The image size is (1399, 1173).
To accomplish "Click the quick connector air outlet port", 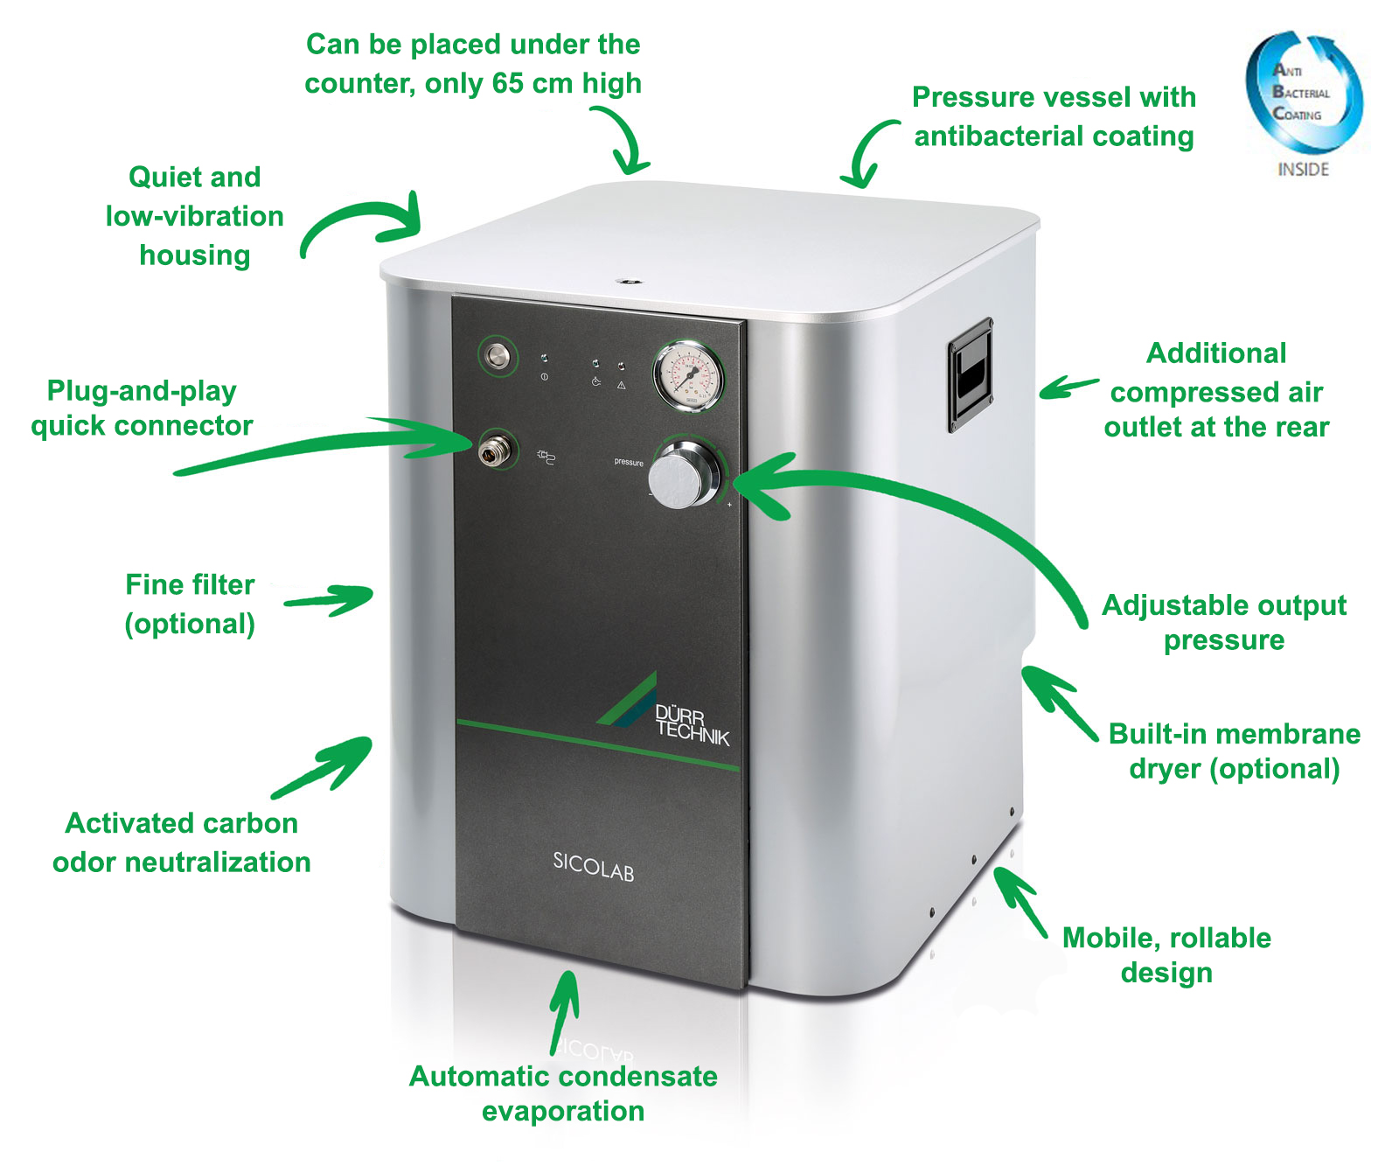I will pos(492,450).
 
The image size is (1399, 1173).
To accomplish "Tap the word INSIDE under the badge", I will pos(1303,170).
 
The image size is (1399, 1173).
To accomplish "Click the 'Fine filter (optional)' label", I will pos(190,604).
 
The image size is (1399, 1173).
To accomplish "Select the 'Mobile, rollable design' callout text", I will pos(1166,954).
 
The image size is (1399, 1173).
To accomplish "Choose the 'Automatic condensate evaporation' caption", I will pos(563,1093).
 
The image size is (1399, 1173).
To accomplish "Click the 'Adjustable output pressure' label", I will pos(1223,622).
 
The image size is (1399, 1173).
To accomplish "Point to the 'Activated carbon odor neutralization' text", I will pos(182,842).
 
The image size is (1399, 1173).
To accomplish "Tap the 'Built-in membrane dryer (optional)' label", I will pos(1234,751).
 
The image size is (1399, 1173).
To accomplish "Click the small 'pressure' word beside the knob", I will pos(629,462).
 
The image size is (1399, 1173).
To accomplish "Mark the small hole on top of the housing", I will pos(627,282).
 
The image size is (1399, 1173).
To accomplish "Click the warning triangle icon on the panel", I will pos(621,385).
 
